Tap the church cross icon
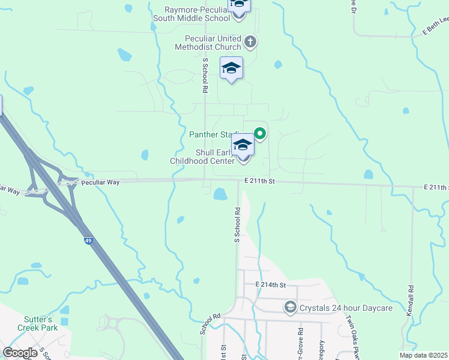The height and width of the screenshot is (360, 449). click(x=251, y=42)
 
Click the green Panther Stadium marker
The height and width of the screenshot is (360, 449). click(x=261, y=133)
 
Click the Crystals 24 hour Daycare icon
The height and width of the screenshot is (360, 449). click(x=291, y=307)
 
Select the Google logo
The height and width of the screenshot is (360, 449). click(x=20, y=353)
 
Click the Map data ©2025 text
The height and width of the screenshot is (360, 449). click(x=424, y=355)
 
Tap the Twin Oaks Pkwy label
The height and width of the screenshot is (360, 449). click(x=351, y=339)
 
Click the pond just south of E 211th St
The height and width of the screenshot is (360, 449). click(x=220, y=194)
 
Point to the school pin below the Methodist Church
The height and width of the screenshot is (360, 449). click(x=231, y=69)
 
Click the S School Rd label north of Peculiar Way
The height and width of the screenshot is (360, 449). click(x=205, y=75)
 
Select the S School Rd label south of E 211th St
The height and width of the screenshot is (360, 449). click(x=237, y=225)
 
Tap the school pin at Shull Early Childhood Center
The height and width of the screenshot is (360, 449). click(x=243, y=146)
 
